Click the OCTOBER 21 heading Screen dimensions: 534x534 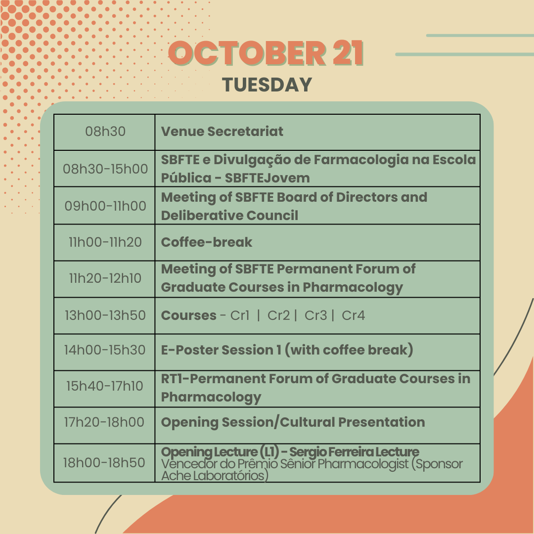[x=266, y=53]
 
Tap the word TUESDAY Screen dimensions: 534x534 [x=267, y=85]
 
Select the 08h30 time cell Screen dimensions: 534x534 [x=105, y=132]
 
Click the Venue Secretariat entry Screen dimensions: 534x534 [x=222, y=132]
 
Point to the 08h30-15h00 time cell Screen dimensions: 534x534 [x=105, y=169]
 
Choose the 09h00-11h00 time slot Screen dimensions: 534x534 [x=105, y=206]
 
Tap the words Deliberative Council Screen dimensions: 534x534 [x=229, y=216]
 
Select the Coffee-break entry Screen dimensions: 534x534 [x=207, y=242]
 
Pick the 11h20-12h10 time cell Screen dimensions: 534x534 [x=105, y=278]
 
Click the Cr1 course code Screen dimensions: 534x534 [x=240, y=315]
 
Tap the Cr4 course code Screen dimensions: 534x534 [x=353, y=315]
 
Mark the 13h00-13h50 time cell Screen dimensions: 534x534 [x=105, y=315]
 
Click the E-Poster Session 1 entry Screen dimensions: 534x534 [x=287, y=350]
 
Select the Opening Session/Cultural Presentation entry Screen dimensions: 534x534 [x=293, y=422]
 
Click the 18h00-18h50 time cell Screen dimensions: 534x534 [x=104, y=463]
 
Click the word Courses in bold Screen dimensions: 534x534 [x=189, y=315]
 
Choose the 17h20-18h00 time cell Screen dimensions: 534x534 [x=104, y=422]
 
